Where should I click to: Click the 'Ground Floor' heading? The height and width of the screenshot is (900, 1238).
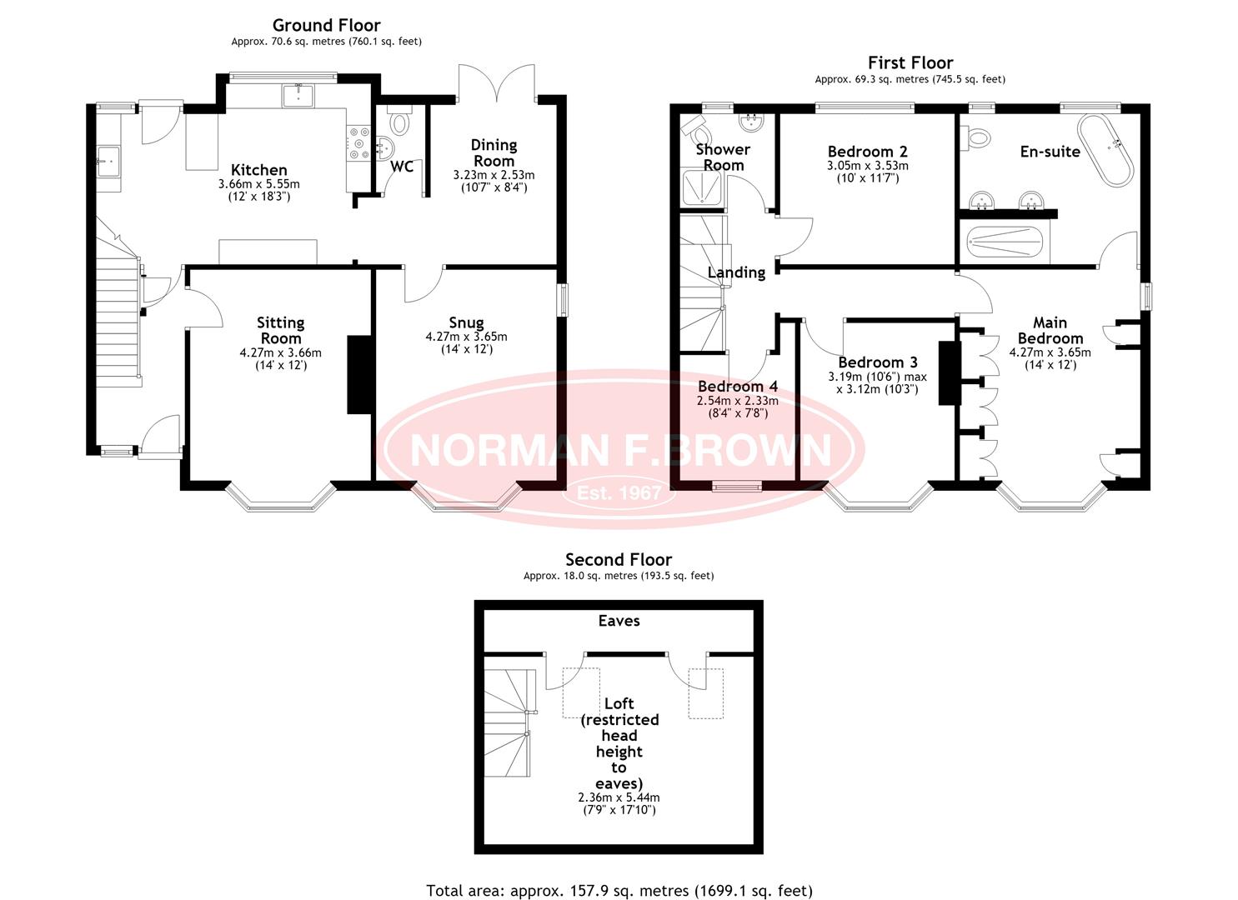326,25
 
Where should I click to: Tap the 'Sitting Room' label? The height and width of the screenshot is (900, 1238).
280,330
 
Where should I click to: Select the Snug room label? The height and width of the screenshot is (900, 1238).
466,322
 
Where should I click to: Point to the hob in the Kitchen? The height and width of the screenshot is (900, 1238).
358,142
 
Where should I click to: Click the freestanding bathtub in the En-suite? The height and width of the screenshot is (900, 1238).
1105,150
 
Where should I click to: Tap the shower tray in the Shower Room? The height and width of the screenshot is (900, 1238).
702,187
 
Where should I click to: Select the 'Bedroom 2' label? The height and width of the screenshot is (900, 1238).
867,152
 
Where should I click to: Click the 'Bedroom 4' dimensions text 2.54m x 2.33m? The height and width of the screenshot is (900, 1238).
737,401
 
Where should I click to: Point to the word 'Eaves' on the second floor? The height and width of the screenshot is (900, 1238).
619,621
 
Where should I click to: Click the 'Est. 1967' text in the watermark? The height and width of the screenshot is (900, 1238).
619,492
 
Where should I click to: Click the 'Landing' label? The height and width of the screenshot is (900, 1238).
736,272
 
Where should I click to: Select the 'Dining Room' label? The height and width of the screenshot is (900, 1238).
494,153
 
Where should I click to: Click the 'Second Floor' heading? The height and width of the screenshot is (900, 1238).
619,560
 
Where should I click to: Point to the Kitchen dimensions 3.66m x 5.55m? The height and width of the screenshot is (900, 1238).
258,184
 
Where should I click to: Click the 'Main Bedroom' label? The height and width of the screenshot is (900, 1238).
1050,330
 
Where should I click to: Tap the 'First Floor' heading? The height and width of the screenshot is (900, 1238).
910,63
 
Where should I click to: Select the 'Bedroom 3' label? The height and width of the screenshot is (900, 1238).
878,362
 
